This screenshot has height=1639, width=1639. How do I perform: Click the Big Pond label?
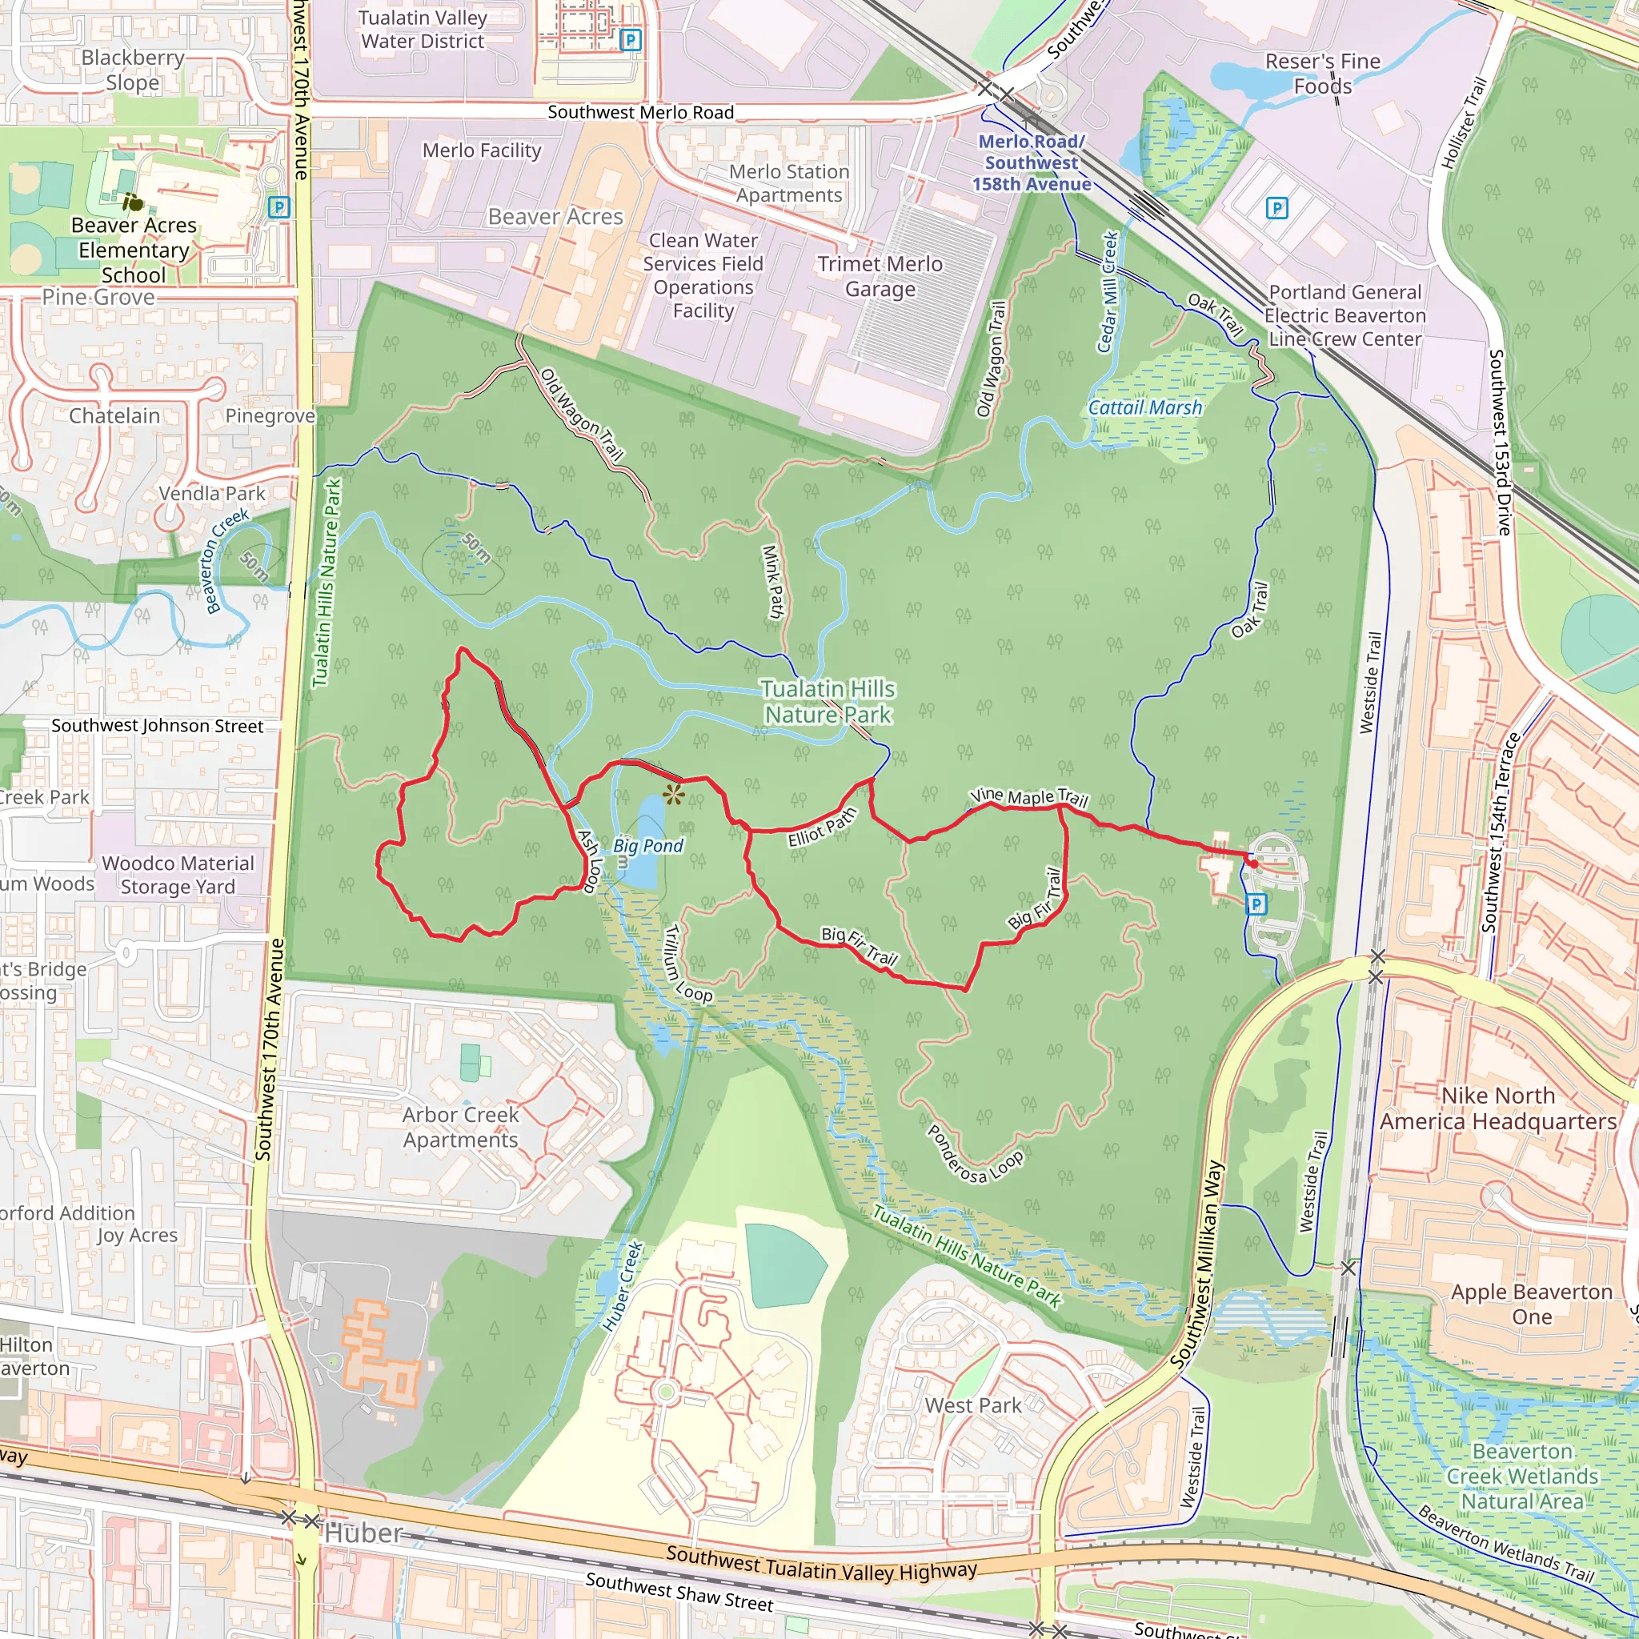648,846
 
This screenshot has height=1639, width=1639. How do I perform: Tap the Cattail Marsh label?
1145,408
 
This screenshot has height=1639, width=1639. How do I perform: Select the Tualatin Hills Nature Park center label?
828,702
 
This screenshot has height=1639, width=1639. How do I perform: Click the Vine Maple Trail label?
1029,796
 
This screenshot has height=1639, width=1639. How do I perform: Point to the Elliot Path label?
822,828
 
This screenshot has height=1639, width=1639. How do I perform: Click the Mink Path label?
774,581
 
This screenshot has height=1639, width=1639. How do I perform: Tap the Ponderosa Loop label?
975,1156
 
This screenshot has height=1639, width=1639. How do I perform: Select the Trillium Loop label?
687,964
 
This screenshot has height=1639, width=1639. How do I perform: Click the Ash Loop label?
590,861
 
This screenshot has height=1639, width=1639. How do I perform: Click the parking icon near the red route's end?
1256,904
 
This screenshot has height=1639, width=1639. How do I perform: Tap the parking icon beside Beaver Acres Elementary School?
279,206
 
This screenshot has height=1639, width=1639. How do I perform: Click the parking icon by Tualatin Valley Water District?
631,39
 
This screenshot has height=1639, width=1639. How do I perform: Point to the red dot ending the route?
1253,863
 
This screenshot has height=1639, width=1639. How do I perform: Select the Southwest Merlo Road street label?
640,112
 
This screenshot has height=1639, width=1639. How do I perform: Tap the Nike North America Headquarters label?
1498,1108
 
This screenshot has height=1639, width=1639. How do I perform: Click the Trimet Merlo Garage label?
880,277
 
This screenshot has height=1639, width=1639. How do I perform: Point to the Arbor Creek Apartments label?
461,1127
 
